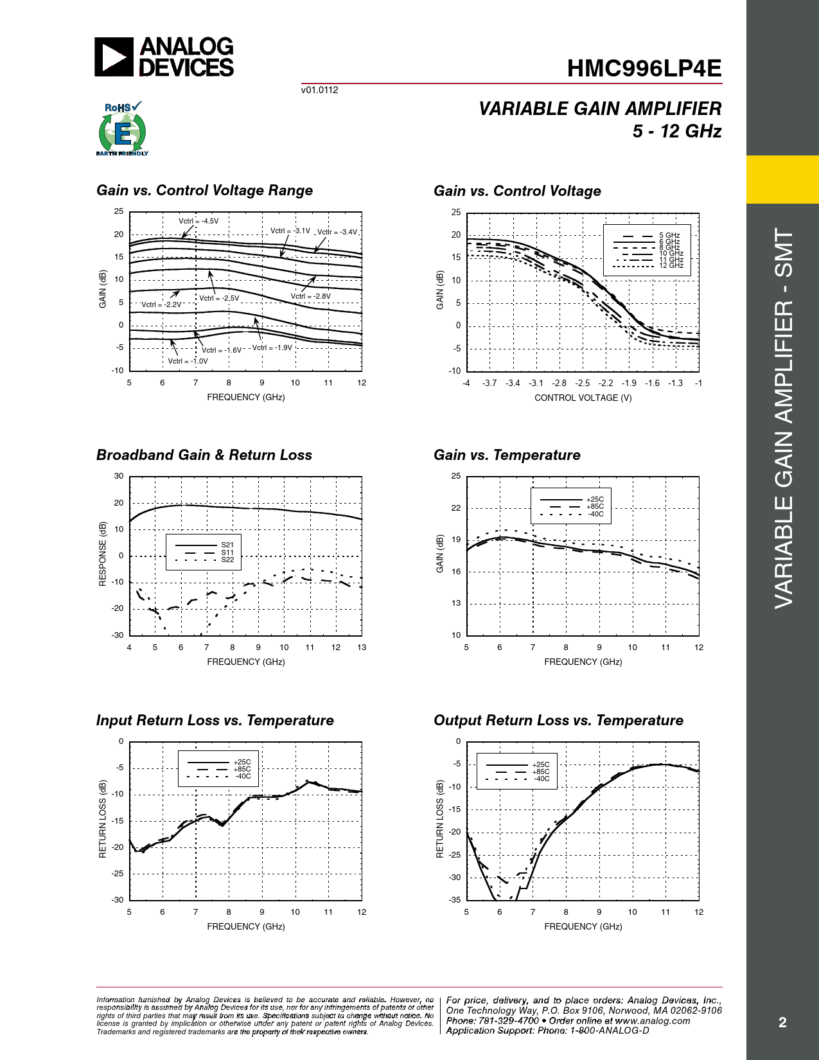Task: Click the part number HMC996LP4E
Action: coord(644,69)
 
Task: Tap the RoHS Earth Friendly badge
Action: coord(122,129)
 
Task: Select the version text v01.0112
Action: coord(319,90)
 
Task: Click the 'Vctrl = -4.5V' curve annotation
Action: coord(198,221)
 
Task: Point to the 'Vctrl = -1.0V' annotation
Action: coord(188,361)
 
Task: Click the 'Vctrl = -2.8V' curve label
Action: coord(311,296)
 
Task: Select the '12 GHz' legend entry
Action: coord(671,265)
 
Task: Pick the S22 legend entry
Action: coord(227,560)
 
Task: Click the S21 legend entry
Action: coord(227,545)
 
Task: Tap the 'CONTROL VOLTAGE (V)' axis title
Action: coord(583,398)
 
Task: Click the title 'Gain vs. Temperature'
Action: coord(507,455)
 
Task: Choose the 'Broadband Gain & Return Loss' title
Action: coord(204,455)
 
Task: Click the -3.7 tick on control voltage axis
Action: coord(489,383)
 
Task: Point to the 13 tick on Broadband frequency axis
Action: coord(362,647)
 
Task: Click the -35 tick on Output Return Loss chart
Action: coord(454,899)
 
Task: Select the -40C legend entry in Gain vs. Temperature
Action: coord(595,514)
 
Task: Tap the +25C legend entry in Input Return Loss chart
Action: coord(242,762)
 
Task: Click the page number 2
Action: coord(782,1022)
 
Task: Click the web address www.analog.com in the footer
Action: coord(652,1021)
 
